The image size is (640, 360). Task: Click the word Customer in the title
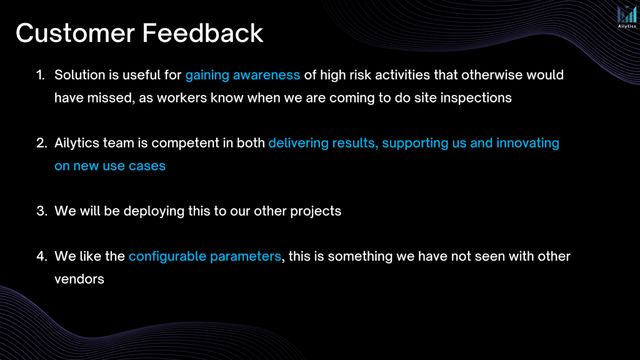click(76, 33)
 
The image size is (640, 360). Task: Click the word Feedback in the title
click(203, 33)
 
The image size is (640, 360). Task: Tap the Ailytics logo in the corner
click(626, 17)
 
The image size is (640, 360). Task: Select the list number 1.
click(41, 75)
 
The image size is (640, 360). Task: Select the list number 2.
click(42, 143)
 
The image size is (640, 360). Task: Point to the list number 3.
click(42, 211)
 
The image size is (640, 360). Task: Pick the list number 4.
click(42, 256)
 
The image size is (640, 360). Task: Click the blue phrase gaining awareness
click(242, 76)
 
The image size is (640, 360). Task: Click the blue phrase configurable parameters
click(205, 257)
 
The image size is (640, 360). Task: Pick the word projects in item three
click(316, 212)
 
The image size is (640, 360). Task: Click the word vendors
click(79, 279)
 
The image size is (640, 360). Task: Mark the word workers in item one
click(182, 98)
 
